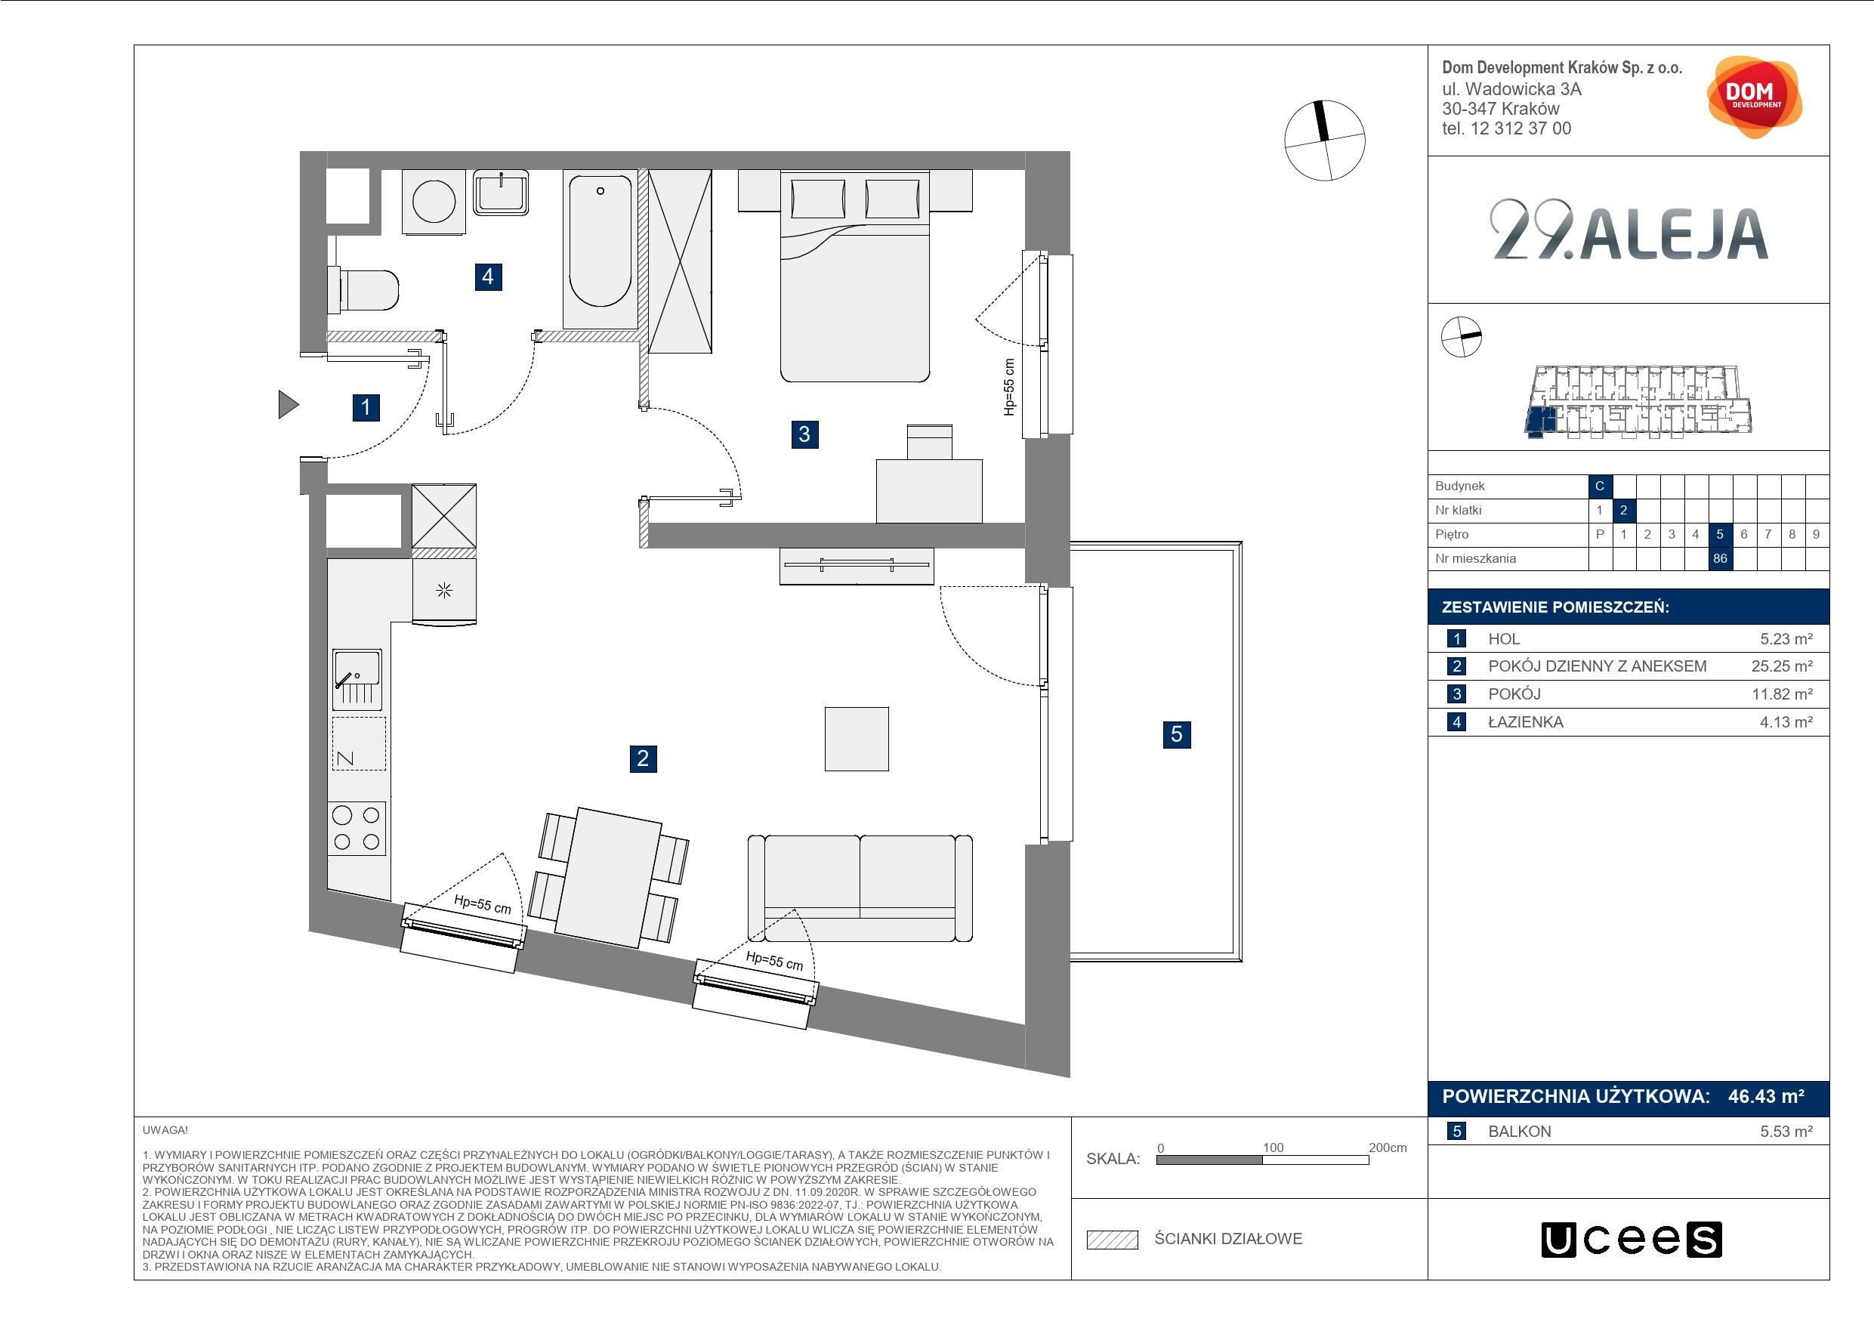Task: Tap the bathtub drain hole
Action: coord(600,191)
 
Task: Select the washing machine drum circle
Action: coord(434,200)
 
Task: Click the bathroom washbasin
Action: coord(501,193)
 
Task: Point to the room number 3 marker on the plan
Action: coord(804,434)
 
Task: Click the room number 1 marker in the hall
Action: coord(366,407)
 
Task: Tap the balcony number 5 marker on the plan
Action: coord(1176,735)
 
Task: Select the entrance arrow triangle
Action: coord(288,404)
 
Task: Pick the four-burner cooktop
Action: coord(357,828)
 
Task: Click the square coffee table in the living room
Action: coord(857,739)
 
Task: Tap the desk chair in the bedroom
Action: coord(930,442)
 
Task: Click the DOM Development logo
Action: coord(1754,97)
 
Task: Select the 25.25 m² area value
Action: coord(1782,666)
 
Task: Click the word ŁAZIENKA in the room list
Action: coord(1526,721)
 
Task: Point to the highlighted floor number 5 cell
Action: coord(1720,534)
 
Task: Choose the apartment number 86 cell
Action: coord(1720,558)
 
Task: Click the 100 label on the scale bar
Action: coord(1274,1147)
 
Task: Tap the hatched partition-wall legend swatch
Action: coord(1113,1240)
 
